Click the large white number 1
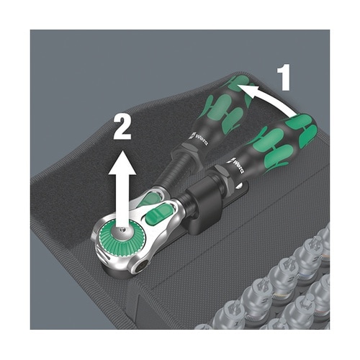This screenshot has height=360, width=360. pos(284,77)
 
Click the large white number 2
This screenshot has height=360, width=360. pos(122,127)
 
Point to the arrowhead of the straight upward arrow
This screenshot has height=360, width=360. pos(122,163)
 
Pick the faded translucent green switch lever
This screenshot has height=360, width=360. pos(150,199)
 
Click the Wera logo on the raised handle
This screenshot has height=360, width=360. pos(200,138)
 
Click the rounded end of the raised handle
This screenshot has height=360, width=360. pos(241,83)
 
